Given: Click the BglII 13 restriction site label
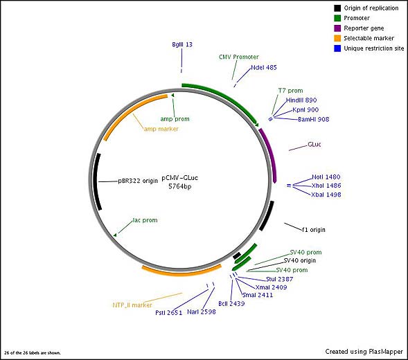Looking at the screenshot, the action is coord(182,44).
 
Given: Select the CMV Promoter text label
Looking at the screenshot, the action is coord(238,57).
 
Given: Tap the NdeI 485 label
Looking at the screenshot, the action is coord(264,68).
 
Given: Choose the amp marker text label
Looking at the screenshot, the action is coord(161,129).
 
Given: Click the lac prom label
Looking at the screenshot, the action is coord(145,220).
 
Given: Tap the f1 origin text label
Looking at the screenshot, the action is coord(314,230).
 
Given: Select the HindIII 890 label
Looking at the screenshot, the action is coord(301,100).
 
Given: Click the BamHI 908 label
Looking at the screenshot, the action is coord(314,119).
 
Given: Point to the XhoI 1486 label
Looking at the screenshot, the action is coord(326,186).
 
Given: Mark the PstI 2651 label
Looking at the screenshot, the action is coord(168,313).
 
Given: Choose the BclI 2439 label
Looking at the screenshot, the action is coord(231,303).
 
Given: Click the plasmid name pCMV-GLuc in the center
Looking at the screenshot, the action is coord(180,178).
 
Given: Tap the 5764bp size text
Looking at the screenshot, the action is coord(180,186).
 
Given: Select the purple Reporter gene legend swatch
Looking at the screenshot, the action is coord(337,28).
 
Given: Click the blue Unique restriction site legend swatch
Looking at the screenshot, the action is coord(337,48).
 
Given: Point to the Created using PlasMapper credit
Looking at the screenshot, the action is coord(364,352).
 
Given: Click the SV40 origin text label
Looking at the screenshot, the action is coord(299,260).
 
